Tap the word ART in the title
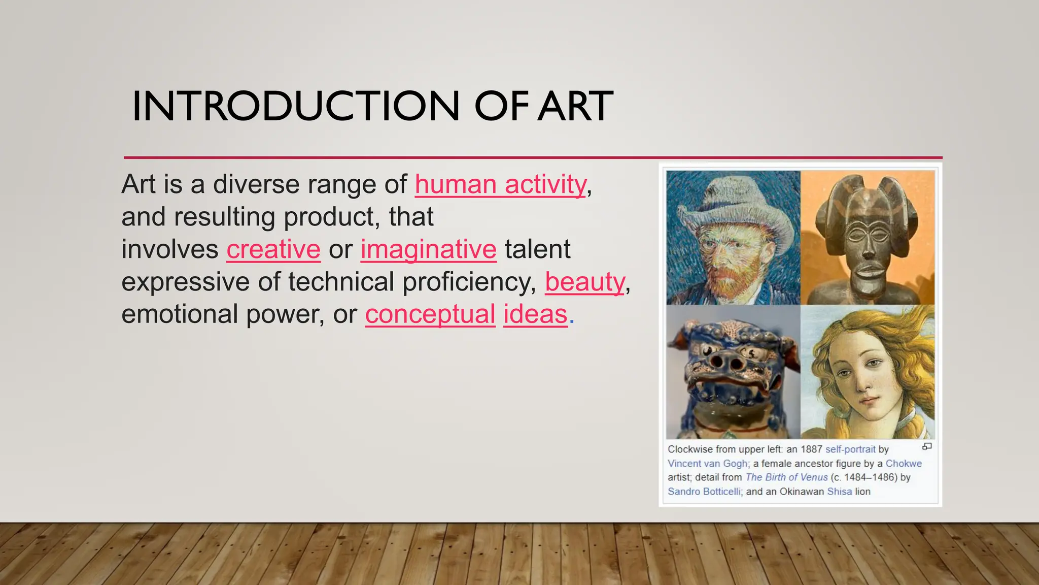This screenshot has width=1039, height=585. pos(576,106)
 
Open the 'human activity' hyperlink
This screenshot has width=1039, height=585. pos(501,184)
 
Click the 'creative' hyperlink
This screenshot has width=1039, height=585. pos(273,249)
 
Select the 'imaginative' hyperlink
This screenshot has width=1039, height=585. pos(428,249)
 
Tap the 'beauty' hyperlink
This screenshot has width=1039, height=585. pos(585,282)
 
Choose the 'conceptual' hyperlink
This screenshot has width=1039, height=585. pos(430,314)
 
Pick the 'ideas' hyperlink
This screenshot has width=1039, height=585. pos(535,314)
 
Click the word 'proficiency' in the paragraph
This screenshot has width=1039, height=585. pos(469,282)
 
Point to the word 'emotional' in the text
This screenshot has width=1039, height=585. pos(180,314)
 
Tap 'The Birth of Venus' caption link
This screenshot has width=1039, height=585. pos(786,477)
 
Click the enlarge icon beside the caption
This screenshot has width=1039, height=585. pos(927,447)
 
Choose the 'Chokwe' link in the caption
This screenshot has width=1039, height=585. pos(904,464)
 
